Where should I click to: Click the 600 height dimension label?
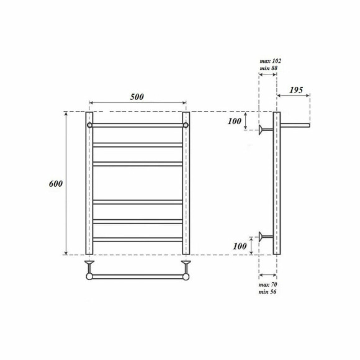point(55,184)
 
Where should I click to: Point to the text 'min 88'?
point(269,68)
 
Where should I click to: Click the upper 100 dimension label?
point(234,121)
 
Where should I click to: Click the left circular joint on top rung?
point(90,125)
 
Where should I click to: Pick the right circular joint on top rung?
point(185,125)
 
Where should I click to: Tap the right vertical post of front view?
point(185,186)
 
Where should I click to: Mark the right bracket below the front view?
point(185,266)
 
